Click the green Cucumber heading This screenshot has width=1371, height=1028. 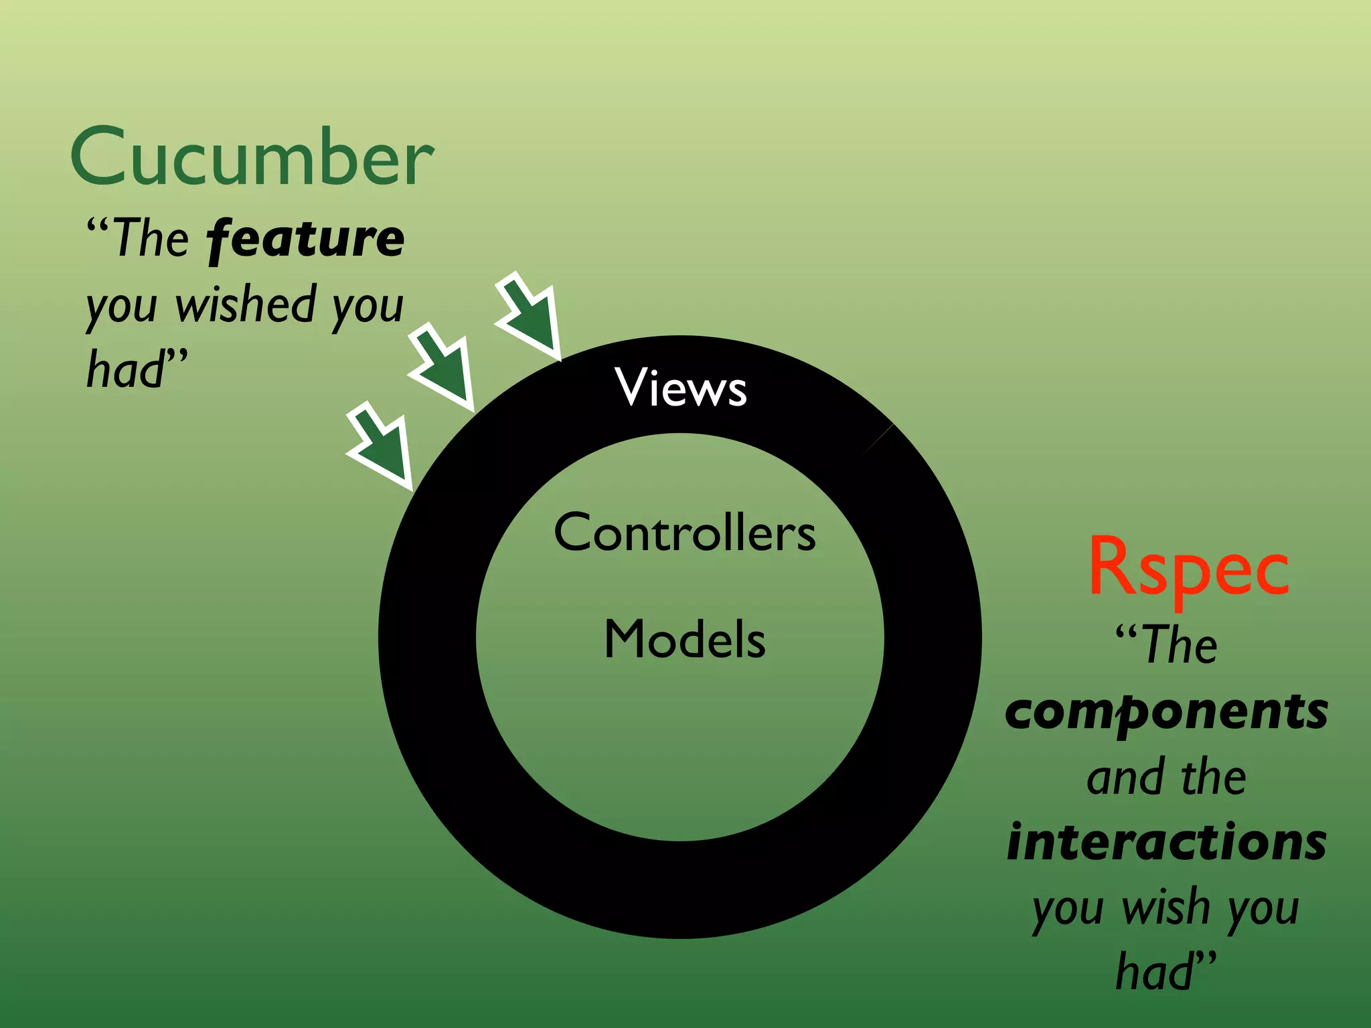coord(252,157)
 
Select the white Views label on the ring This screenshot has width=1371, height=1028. coord(681,388)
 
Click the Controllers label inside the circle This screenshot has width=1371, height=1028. coord(685,533)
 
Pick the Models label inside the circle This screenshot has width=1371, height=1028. coord(685,639)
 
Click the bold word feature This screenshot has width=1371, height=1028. coord(306,239)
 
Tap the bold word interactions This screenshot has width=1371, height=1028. coord(1166,842)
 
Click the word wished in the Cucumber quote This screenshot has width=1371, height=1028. coord(246,305)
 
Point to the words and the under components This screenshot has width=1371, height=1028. coord(1166,778)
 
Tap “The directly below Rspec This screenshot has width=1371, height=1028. coord(1166,645)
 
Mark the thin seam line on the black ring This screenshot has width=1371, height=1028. coord(878,439)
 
